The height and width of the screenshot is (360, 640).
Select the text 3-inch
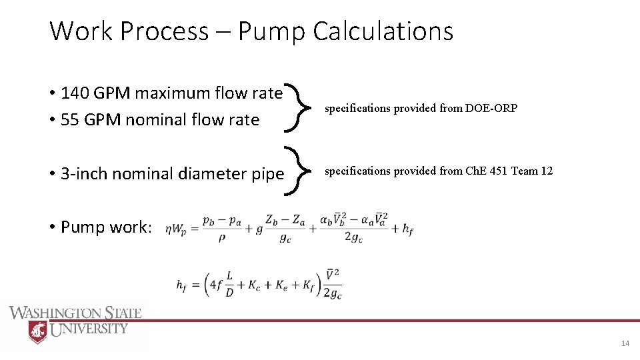pyautogui.click(x=85, y=174)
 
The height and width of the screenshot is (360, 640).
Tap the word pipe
pyautogui.click(x=267, y=174)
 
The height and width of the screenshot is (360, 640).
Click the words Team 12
pyautogui.click(x=531, y=171)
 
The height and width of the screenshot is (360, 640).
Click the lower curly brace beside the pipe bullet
pyautogui.click(x=297, y=172)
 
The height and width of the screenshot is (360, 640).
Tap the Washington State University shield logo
pyautogui.click(x=38, y=331)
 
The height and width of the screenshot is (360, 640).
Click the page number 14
pyautogui.click(x=625, y=343)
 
